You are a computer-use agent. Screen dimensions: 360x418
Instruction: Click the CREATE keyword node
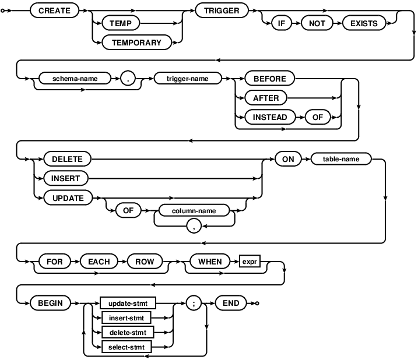[x=54, y=10]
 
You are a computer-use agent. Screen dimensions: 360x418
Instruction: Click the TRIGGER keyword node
[x=222, y=10]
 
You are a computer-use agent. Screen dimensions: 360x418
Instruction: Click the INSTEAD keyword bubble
[x=270, y=118]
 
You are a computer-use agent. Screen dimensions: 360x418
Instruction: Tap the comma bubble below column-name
[x=194, y=227]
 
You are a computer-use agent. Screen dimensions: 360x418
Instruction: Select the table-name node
[x=340, y=158]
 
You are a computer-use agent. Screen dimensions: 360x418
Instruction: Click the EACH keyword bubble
[x=99, y=262]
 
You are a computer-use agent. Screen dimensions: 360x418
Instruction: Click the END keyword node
[x=231, y=303]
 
